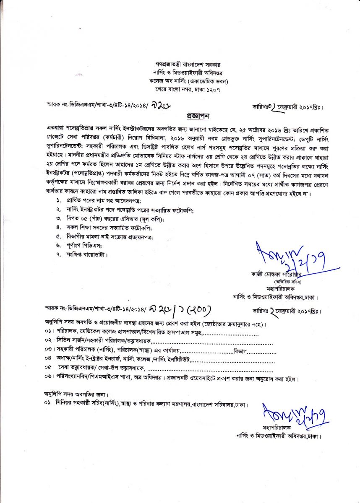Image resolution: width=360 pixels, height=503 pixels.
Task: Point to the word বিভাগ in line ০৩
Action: click(x=241, y=350)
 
